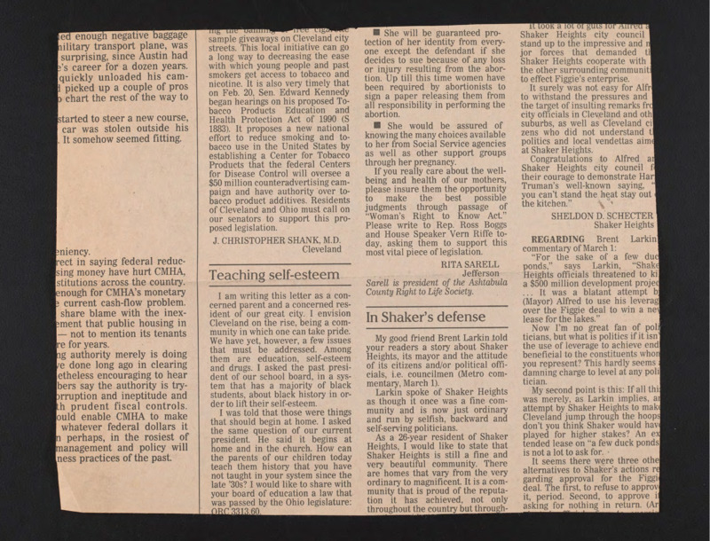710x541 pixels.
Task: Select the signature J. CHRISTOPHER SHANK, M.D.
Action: coord(277,239)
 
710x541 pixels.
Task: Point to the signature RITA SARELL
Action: coord(470,263)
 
